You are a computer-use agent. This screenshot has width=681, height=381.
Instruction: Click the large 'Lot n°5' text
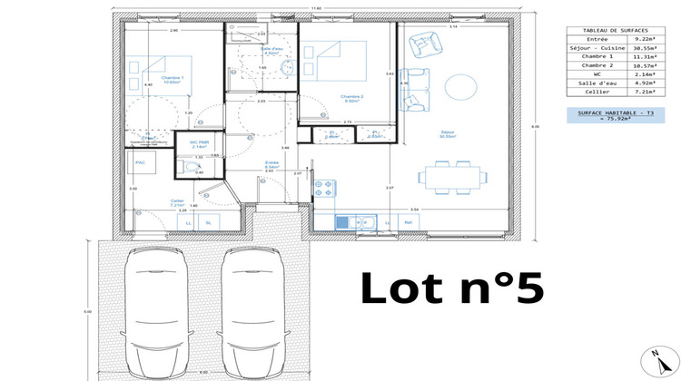point(452,288)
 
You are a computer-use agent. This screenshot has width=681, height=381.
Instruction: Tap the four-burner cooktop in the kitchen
point(324,189)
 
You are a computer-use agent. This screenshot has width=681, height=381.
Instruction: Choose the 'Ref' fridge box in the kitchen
point(408,222)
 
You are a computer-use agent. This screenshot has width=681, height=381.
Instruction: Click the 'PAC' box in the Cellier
point(141,163)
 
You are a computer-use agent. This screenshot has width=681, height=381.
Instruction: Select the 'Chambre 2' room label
point(352,96)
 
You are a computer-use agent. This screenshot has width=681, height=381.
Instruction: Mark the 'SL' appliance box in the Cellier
point(209,222)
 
